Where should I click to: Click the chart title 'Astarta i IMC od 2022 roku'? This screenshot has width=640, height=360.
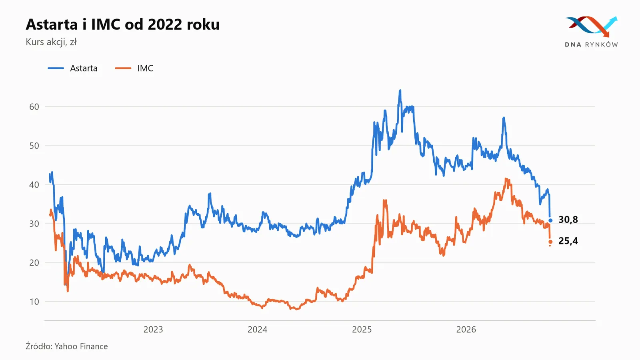[x=122, y=24]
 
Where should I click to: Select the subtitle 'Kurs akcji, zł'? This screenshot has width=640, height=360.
[x=51, y=42]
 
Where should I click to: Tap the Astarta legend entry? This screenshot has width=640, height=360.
[x=72, y=68]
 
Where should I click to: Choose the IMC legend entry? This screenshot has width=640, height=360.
[x=134, y=68]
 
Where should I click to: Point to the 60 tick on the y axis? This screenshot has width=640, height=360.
[x=34, y=107]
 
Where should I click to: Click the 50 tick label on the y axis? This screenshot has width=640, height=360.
[x=34, y=146]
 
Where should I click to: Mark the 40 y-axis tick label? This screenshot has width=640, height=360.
[x=34, y=184]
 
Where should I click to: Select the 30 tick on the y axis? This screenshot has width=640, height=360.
[x=34, y=224]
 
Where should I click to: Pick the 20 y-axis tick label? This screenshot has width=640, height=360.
[x=34, y=262]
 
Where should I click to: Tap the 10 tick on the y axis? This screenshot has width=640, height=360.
[x=34, y=302]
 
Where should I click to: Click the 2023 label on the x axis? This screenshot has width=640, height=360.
[x=153, y=330]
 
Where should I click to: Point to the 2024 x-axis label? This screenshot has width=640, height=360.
[x=258, y=330]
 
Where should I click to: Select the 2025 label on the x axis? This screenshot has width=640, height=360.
[x=362, y=330]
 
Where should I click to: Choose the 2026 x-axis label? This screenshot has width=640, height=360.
[x=466, y=330]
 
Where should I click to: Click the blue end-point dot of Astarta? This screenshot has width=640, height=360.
[x=550, y=220]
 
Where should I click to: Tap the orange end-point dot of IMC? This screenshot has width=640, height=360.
[x=550, y=242]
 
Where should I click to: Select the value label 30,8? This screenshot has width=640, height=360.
[x=568, y=220]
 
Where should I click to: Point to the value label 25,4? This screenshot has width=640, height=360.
[x=568, y=241]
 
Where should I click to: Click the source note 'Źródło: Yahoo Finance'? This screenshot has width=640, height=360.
[x=67, y=346]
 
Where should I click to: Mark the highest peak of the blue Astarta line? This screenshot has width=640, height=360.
[x=400, y=90]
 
